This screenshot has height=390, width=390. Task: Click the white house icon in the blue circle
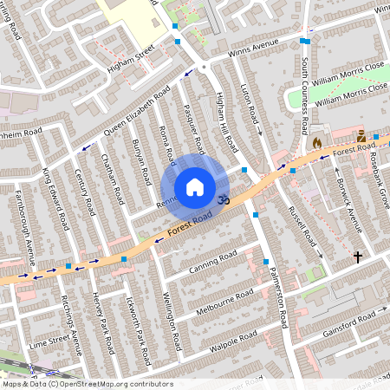195,187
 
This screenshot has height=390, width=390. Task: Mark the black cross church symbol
357,257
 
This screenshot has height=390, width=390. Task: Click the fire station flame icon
317,141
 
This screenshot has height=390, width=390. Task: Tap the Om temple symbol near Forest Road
223,199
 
